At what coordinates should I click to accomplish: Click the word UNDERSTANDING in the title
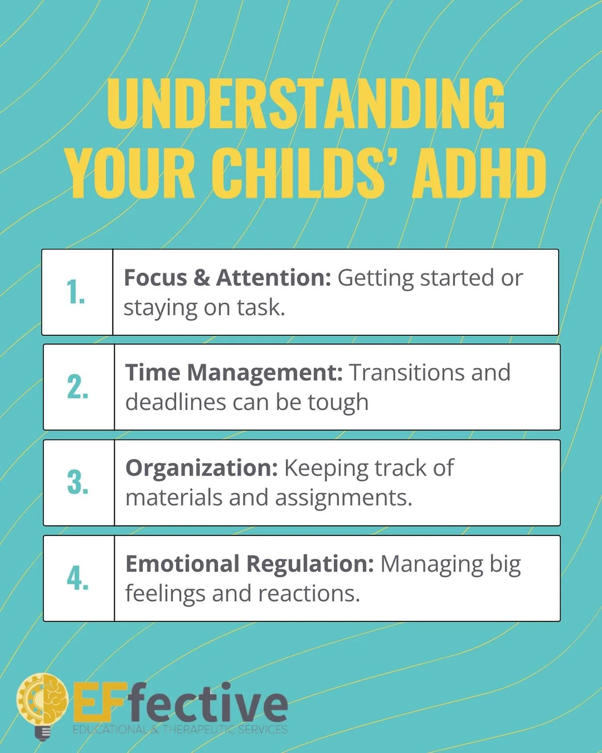click(306, 103)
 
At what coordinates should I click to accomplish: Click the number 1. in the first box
click(76, 292)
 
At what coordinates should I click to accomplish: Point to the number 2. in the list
click(78, 387)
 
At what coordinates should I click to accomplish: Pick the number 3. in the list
click(78, 483)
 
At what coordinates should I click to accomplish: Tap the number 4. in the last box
click(78, 578)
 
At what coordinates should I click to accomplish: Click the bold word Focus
click(155, 277)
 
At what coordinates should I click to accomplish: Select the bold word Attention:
click(273, 277)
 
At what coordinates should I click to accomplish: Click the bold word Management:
click(265, 372)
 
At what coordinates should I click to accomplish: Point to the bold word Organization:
click(202, 468)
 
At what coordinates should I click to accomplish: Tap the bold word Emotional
click(182, 563)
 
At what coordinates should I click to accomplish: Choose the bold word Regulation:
click(310, 564)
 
